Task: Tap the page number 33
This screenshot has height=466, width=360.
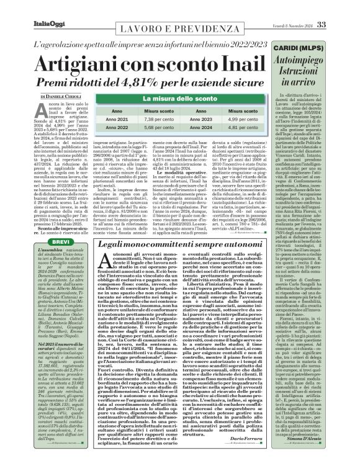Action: (x=338, y=7)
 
